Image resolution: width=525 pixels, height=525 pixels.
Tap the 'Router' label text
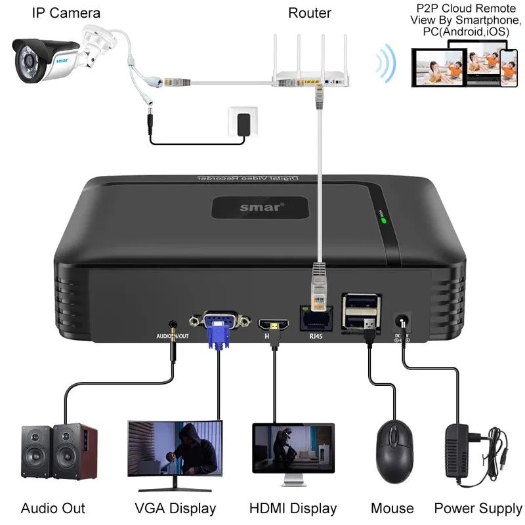310,13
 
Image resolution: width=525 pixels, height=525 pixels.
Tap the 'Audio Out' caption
52,508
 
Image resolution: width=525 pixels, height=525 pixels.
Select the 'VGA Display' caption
175,508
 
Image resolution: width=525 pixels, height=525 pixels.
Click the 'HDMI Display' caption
293,508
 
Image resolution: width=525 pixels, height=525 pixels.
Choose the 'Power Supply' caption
478,508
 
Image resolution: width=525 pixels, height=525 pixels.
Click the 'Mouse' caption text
392,508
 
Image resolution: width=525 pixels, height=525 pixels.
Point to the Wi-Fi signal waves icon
385,64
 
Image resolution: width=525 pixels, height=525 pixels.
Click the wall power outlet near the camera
242,121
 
